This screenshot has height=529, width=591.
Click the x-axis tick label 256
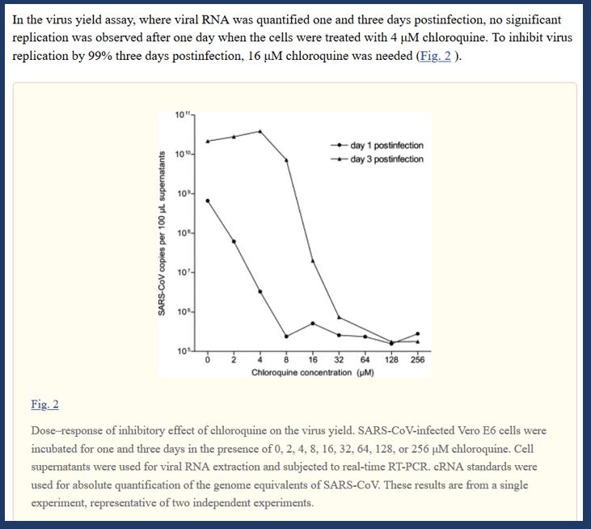click(417, 361)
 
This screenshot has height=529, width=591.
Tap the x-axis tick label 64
click(365, 361)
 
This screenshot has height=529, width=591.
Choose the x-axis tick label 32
click(338, 361)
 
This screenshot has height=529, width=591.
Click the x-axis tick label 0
click(208, 361)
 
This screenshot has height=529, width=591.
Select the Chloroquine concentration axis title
click(301, 373)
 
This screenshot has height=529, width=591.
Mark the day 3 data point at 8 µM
click(287, 160)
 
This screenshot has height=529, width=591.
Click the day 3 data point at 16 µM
click(313, 260)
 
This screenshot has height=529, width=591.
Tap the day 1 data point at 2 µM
click(234, 241)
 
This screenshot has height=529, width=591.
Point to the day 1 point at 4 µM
click(260, 291)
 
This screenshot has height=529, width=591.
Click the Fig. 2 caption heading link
click(44, 404)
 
